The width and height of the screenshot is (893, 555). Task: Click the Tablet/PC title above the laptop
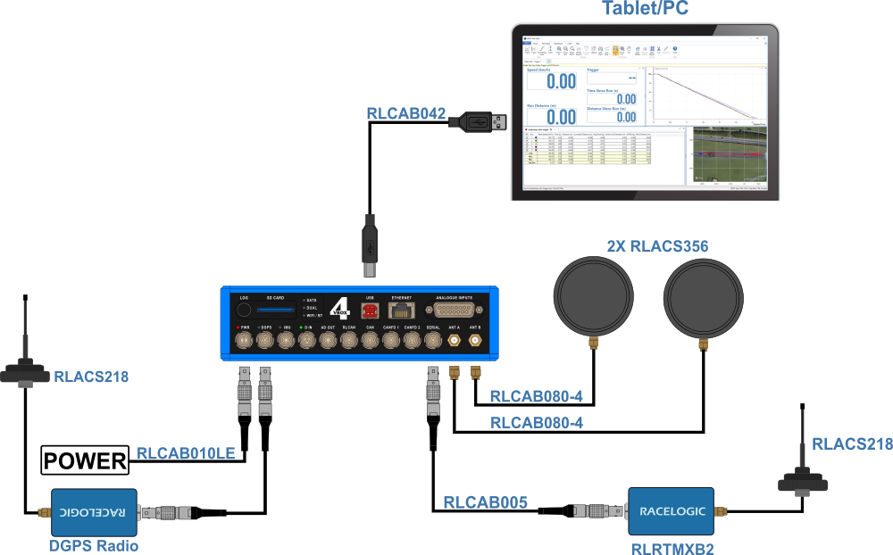(644, 10)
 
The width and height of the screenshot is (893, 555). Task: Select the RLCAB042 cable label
(405, 113)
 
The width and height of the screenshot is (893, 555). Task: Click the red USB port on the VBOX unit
(370, 311)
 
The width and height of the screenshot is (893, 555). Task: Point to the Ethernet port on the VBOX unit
(403, 311)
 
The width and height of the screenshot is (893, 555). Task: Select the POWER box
(86, 460)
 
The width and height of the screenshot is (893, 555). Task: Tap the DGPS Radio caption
(93, 545)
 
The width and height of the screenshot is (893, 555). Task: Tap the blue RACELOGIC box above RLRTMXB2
(671, 511)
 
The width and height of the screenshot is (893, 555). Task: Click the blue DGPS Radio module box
(94, 512)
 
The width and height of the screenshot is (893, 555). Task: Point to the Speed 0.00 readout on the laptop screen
(555, 82)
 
